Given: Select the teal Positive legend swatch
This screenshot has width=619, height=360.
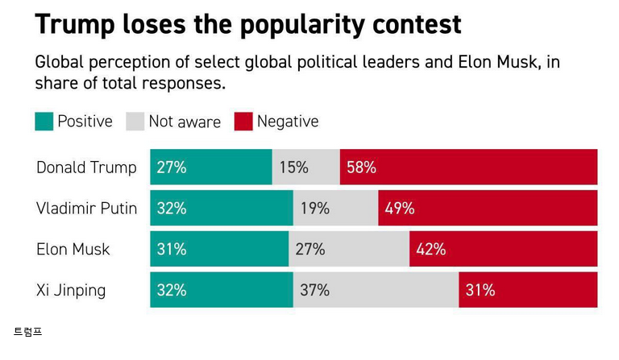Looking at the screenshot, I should [44, 122].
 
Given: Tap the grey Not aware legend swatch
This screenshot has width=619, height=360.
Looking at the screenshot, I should [135, 122].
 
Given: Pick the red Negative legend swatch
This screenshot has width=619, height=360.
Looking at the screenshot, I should [243, 122].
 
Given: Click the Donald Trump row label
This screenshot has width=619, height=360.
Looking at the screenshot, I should [86, 168].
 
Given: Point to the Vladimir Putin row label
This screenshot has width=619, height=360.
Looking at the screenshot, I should [86, 209].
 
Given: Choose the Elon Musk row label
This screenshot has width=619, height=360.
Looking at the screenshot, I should [73, 249].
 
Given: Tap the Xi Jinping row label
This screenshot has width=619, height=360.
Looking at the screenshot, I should [71, 290].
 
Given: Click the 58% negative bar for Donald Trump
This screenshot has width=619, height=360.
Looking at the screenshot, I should [468, 168].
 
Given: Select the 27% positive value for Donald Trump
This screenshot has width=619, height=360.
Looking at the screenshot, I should [172, 168].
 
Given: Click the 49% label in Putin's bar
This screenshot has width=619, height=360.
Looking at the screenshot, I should [400, 209].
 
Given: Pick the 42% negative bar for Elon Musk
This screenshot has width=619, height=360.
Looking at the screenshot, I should [503, 249].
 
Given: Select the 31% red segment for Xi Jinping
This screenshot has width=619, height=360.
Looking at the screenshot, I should [528, 290].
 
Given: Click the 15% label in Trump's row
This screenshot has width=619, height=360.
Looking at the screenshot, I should [294, 168].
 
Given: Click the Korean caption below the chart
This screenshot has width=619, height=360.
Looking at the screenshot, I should [27, 332].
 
